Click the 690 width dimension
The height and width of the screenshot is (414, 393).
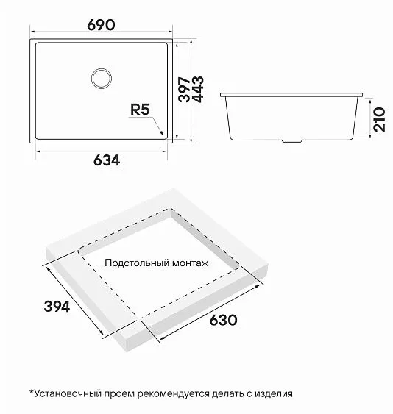[x=101, y=24]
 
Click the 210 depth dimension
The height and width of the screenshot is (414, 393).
[x=379, y=117]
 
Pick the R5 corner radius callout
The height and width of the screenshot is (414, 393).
[x=139, y=110]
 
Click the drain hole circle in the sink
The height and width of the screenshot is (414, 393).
[x=101, y=76]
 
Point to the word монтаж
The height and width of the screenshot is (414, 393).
[x=191, y=263]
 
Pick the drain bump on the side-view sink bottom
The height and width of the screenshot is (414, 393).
[x=293, y=140]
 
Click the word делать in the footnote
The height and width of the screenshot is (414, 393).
[x=222, y=393]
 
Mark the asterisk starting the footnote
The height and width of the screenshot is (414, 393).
[x=32, y=393]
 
